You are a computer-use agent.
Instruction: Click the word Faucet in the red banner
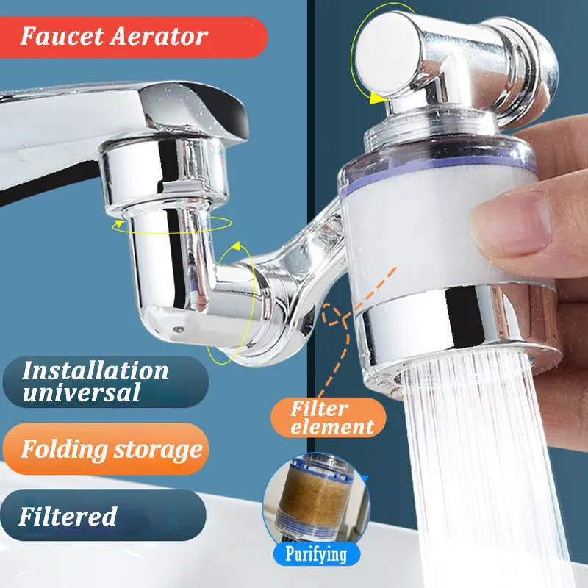[x=62, y=36]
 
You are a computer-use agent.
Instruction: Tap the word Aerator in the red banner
[x=159, y=36]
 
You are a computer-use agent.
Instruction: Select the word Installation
[x=96, y=371]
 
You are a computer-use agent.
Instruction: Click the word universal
[x=82, y=392]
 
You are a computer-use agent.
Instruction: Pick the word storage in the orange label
[x=158, y=450]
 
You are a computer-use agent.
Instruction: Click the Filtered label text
[x=68, y=516]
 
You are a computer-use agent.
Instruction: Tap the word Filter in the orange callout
[x=319, y=408]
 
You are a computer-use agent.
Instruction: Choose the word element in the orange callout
[x=332, y=427]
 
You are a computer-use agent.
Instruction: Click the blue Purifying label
[x=317, y=554]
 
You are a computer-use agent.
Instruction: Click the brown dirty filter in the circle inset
[x=315, y=495]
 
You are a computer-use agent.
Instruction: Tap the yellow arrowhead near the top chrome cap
[x=376, y=98]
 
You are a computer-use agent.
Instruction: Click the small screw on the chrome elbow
[x=178, y=329]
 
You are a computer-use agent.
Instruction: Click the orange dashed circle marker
[x=332, y=315]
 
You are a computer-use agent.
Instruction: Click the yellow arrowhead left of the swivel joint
[x=118, y=225]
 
